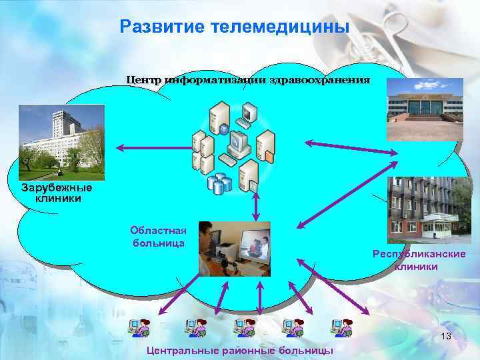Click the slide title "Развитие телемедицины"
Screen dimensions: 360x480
pyautogui.click(x=234, y=27)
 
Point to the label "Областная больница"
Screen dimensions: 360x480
pyautogui.click(x=158, y=237)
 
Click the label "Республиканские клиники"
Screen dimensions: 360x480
pyautogui.click(x=419, y=261)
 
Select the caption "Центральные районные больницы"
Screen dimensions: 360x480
pyautogui.click(x=240, y=351)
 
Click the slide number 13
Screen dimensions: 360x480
pyautogui.click(x=446, y=337)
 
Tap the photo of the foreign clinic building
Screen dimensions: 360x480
pyautogui.click(x=61, y=143)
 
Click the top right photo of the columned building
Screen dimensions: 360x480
pyautogui.click(x=425, y=109)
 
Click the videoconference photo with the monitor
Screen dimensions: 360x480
pyautogui.click(x=235, y=248)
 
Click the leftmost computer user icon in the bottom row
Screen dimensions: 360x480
pyautogui.click(x=141, y=327)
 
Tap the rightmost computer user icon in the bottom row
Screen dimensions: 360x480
pyautogui.click(x=341, y=327)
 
